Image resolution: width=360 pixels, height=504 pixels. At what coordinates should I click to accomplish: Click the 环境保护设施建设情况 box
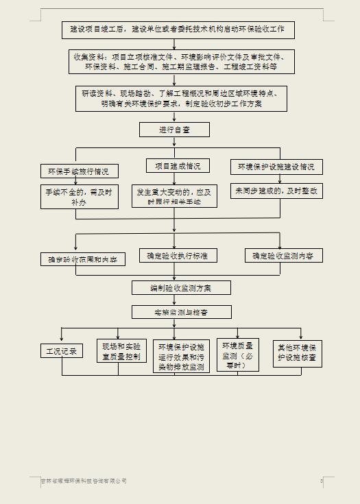tap(276, 167)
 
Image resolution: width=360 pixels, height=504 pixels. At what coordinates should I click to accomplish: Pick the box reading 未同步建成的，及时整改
tap(276, 191)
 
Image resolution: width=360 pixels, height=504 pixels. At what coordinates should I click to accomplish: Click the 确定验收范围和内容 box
tap(82, 259)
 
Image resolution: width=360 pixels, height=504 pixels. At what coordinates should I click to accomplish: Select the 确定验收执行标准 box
tap(178, 256)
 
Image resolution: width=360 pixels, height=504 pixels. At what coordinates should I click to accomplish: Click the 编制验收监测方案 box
tap(181, 288)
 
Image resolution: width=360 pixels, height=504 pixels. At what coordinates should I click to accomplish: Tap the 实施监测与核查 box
tap(181, 312)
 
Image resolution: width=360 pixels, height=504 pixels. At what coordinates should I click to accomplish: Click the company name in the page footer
tap(83, 481)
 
